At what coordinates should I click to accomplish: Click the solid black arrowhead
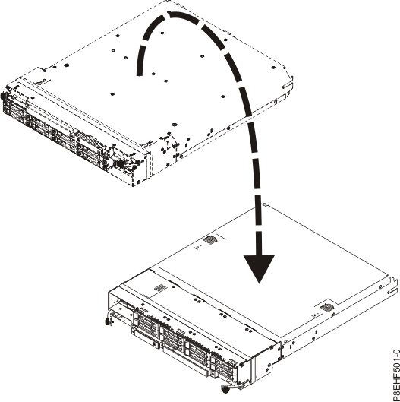260,268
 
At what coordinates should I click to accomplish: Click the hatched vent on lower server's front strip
159,289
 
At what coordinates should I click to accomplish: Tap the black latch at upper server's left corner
5,97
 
